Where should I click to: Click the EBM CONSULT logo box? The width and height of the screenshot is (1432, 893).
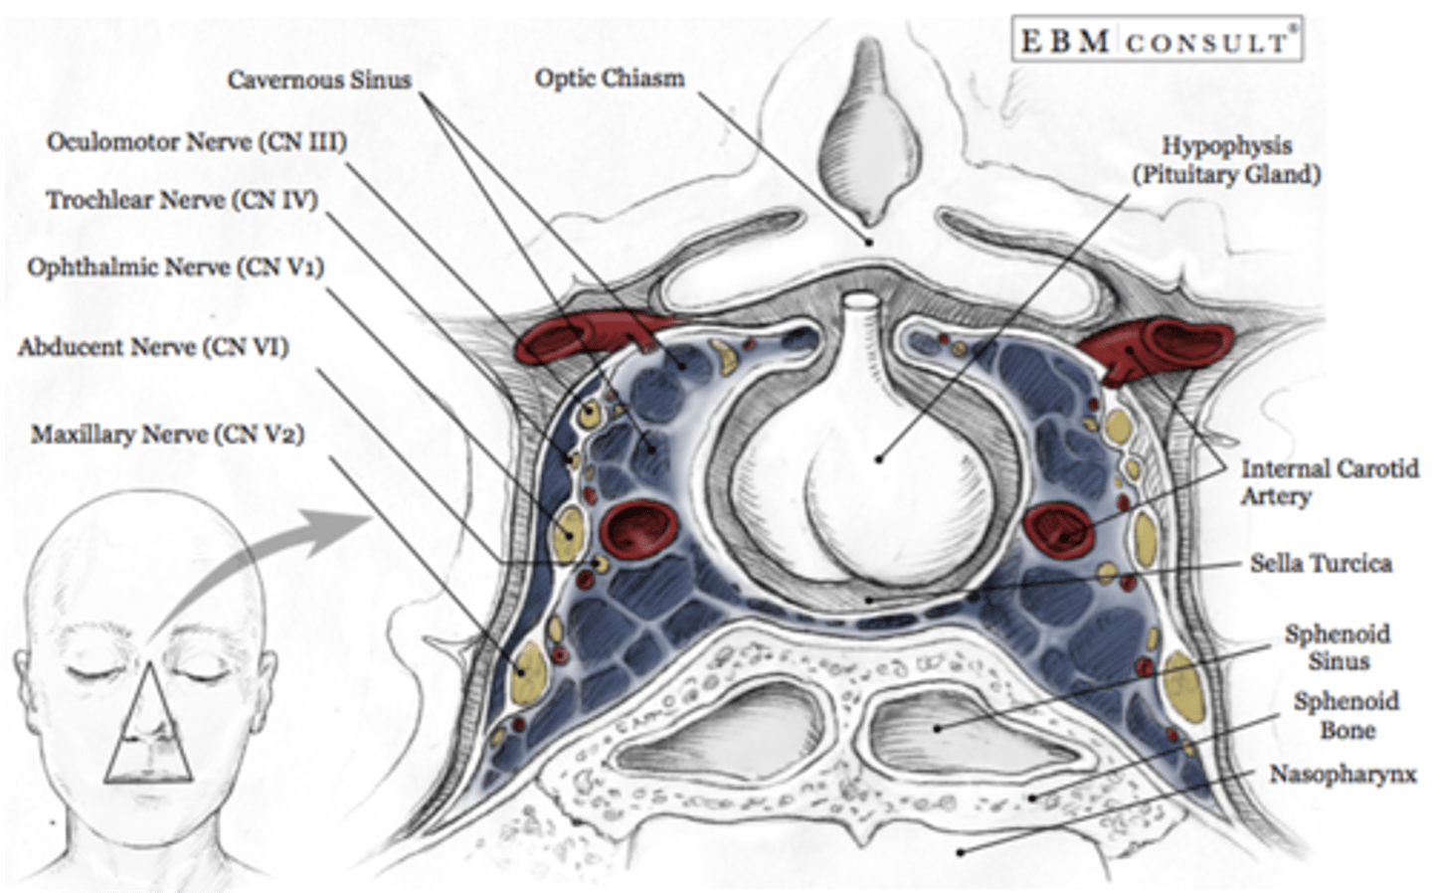click(1157, 41)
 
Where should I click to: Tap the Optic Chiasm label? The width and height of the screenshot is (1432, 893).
click(610, 78)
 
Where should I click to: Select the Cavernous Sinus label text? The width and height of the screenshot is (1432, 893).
click(319, 80)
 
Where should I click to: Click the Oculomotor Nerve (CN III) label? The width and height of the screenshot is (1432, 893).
click(197, 141)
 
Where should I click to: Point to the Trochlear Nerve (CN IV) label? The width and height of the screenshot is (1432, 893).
click(182, 200)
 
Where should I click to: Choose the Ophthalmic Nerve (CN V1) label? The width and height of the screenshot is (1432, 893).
click(176, 267)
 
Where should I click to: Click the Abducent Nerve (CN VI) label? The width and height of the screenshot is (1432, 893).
click(153, 347)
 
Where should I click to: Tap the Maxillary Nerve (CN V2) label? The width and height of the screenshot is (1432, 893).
click(167, 435)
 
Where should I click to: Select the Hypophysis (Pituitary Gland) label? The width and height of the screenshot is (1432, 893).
click(1226, 160)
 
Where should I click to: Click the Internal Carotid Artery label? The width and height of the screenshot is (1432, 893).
click(1329, 481)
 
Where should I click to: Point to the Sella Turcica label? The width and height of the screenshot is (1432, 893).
click(1321, 563)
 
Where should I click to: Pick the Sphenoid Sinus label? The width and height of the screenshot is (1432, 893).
click(1338, 646)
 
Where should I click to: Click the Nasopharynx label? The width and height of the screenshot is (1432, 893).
click(1342, 774)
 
